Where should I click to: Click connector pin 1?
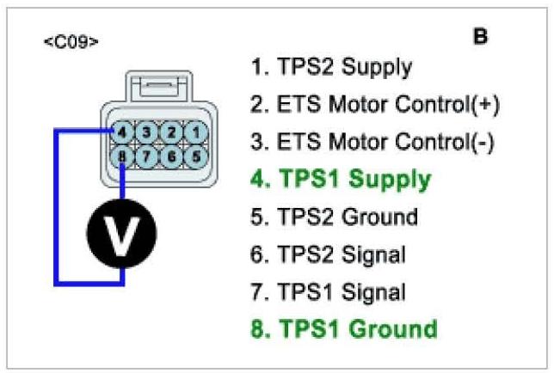[197, 132]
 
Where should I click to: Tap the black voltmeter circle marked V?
[123, 235]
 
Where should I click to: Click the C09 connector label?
[71, 41]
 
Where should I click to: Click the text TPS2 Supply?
[331, 66]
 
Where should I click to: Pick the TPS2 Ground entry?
[335, 217]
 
